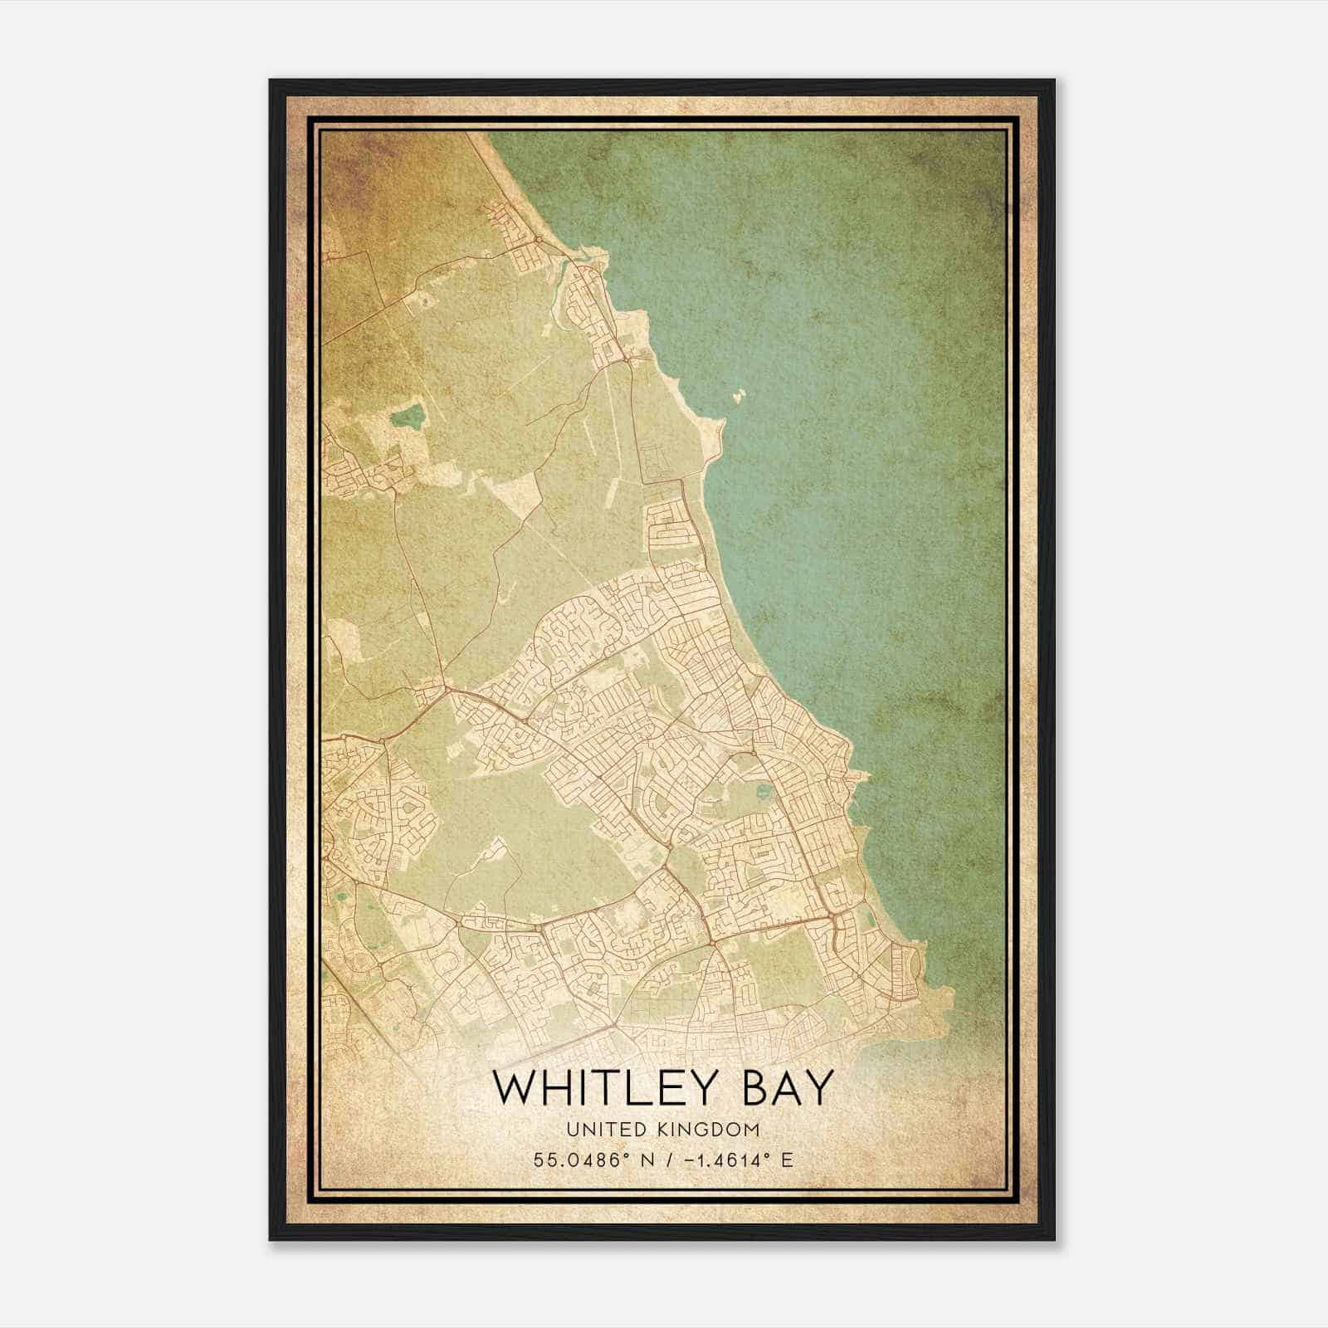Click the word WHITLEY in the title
[613, 1088]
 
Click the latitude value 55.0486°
[576, 1160]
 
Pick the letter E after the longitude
[787, 1160]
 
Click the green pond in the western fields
[407, 415]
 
